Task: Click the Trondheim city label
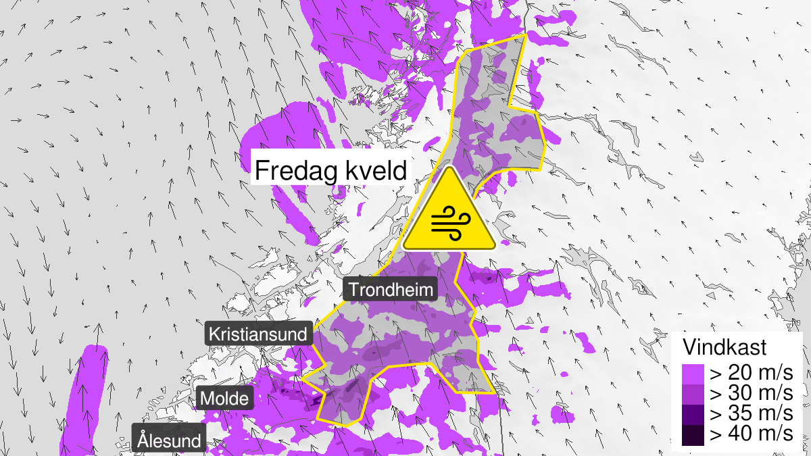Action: pyautogui.click(x=391, y=290)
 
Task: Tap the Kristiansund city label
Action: pyautogui.click(x=260, y=334)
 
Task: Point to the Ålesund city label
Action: pyautogui.click(x=169, y=441)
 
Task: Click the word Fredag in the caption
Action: pyautogui.click(x=295, y=170)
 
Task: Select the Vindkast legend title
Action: pyautogui.click(x=724, y=348)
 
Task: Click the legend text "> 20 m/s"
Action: pyautogui.click(x=749, y=372)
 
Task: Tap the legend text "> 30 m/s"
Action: pyautogui.click(x=749, y=392)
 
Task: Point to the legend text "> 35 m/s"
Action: pyautogui.click(x=749, y=413)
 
